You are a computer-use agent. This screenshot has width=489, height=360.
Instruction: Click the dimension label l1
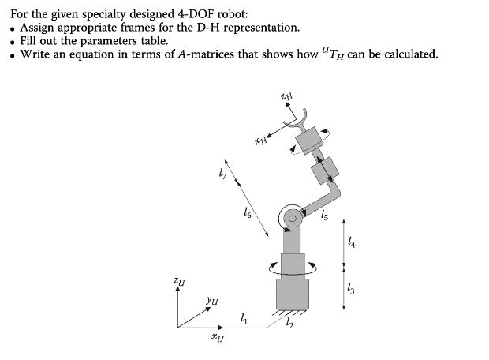click(x=244, y=320)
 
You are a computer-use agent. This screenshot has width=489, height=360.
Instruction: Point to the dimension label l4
click(x=352, y=245)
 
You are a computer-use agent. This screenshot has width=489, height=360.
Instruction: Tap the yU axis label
click(x=212, y=300)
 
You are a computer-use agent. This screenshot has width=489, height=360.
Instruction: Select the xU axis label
click(x=216, y=339)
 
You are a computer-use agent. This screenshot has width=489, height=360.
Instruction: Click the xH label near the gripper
click(x=262, y=141)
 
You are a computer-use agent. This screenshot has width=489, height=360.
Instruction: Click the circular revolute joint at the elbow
click(x=290, y=216)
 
